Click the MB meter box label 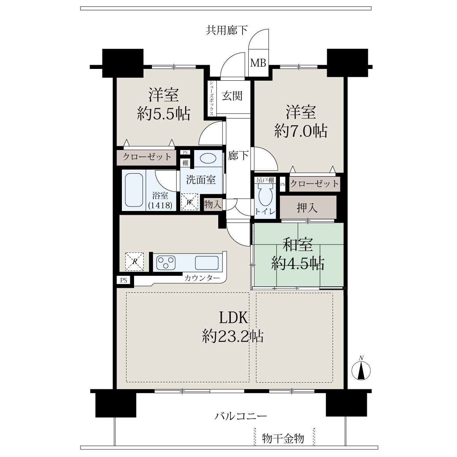[x=258, y=63]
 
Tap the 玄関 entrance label [x=232, y=96]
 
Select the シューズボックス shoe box [x=211, y=98]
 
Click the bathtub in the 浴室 [x=134, y=190]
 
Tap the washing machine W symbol [x=189, y=202]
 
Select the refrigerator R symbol [x=134, y=261]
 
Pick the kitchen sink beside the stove [x=206, y=262]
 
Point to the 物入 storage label [x=213, y=204]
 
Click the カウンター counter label [x=202, y=278]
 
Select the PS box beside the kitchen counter [x=123, y=280]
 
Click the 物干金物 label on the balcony [x=283, y=438]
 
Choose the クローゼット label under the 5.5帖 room [x=147, y=157]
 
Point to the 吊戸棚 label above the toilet [x=265, y=180]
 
